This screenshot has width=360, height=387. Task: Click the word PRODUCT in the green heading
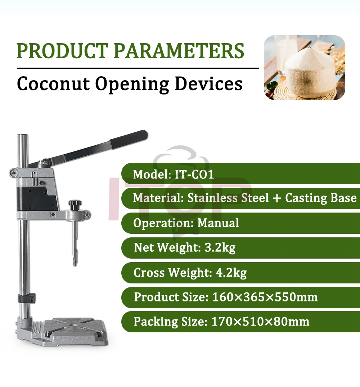(x=62, y=51)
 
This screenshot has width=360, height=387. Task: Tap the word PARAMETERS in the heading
(x=179, y=51)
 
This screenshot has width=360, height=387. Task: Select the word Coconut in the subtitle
(x=53, y=83)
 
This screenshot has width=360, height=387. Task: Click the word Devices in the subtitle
(x=208, y=83)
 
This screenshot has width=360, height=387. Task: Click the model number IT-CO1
(x=194, y=174)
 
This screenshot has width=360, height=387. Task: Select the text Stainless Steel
(x=228, y=198)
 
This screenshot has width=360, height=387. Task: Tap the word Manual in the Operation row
(x=218, y=223)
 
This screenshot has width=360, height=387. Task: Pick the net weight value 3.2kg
(x=220, y=247)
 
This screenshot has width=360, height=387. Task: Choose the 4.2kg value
(x=231, y=273)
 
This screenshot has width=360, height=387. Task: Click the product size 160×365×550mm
(x=265, y=297)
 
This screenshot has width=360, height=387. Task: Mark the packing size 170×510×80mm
(x=260, y=322)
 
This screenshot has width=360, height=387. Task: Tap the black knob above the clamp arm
(x=75, y=204)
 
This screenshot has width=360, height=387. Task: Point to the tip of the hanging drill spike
(x=75, y=265)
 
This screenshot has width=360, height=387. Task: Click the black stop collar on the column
(x=27, y=298)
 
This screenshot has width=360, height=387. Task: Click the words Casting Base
(x=321, y=198)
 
